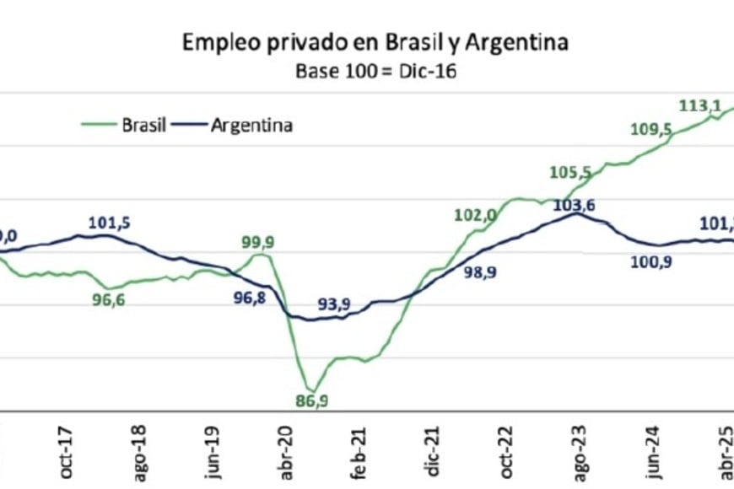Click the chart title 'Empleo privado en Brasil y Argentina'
(375, 43)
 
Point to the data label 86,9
(312, 400)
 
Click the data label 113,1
(699, 105)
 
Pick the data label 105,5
(569, 172)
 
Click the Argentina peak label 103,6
(575, 204)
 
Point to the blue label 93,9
(333, 304)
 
